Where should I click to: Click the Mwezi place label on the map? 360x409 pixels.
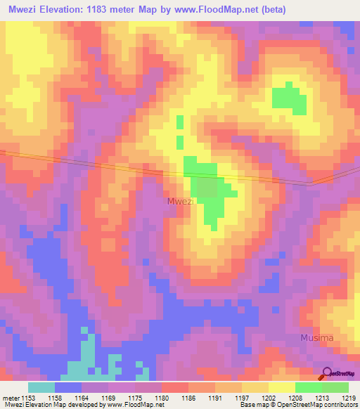click(x=181, y=202)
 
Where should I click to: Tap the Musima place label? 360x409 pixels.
click(x=316, y=338)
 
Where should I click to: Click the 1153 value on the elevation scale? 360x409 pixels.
click(x=30, y=397)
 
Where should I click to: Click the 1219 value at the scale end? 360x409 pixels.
click(x=349, y=397)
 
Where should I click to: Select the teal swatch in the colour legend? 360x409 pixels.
click(x=41, y=387)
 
